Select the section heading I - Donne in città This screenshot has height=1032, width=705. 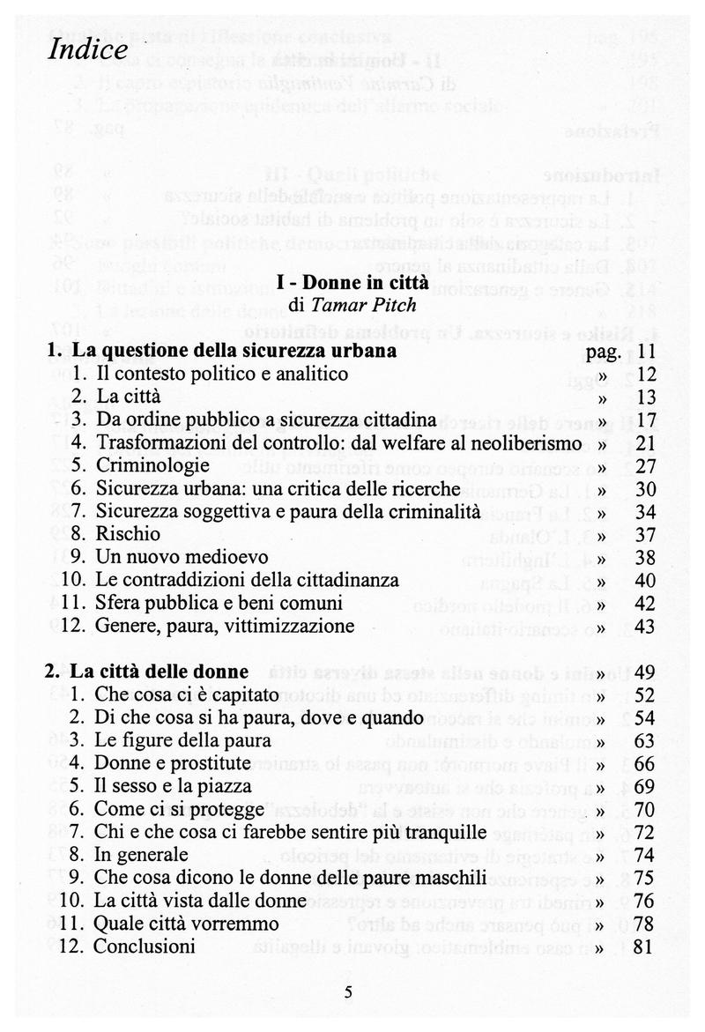tap(352, 284)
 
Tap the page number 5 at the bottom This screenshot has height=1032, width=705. tap(348, 992)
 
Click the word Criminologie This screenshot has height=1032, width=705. tap(153, 464)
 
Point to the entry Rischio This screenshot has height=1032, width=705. tap(129, 534)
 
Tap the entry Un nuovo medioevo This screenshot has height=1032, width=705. tap(182, 557)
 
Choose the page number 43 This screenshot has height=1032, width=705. tap(648, 626)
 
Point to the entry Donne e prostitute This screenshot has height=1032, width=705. tap(174, 763)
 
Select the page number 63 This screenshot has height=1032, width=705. tap(648, 740)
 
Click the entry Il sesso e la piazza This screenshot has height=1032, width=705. tap(174, 786)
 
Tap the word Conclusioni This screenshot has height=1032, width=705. tap(145, 947)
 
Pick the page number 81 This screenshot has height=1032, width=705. tap(648, 947)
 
